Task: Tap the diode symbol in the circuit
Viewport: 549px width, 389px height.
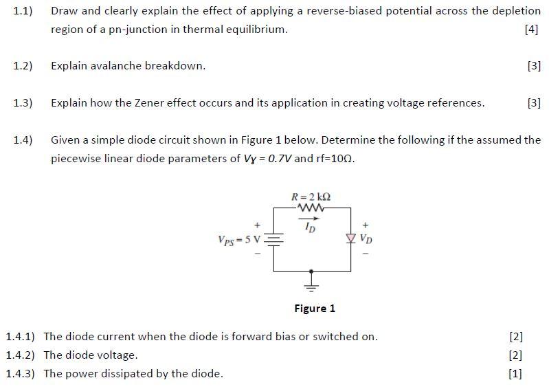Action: click(x=351, y=238)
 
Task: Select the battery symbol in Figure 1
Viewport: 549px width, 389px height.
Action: click(x=273, y=240)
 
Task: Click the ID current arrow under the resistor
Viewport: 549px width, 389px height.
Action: click(x=311, y=221)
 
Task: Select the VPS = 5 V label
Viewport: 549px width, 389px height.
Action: click(x=238, y=240)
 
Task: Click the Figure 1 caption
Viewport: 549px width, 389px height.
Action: click(x=315, y=309)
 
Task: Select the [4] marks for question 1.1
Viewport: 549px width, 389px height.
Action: click(x=530, y=30)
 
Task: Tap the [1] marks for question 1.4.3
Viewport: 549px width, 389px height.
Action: click(x=515, y=374)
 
